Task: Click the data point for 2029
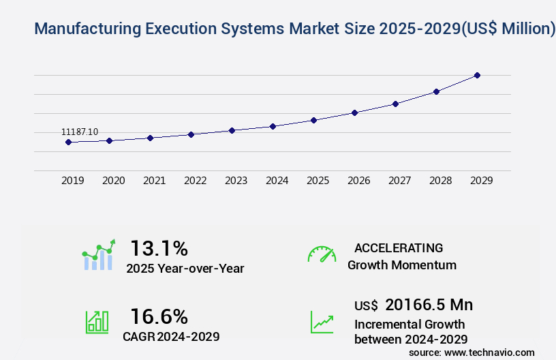(x=477, y=75)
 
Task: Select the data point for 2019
(x=68, y=142)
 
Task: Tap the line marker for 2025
(x=313, y=120)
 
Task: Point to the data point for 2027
(x=395, y=104)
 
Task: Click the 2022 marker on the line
(x=191, y=134)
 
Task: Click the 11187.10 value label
(x=80, y=132)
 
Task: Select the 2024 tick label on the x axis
(x=277, y=181)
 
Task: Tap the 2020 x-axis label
(x=113, y=181)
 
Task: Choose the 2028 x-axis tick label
(x=440, y=181)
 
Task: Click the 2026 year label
(x=358, y=181)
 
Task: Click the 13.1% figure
(x=159, y=248)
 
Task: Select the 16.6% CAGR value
(x=159, y=316)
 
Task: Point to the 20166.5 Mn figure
(x=429, y=305)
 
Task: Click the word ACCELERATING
(x=399, y=248)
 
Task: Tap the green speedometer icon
(x=322, y=254)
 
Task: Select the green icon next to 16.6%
(x=97, y=322)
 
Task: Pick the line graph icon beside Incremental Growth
(x=322, y=322)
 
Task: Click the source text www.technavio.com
(x=489, y=352)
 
